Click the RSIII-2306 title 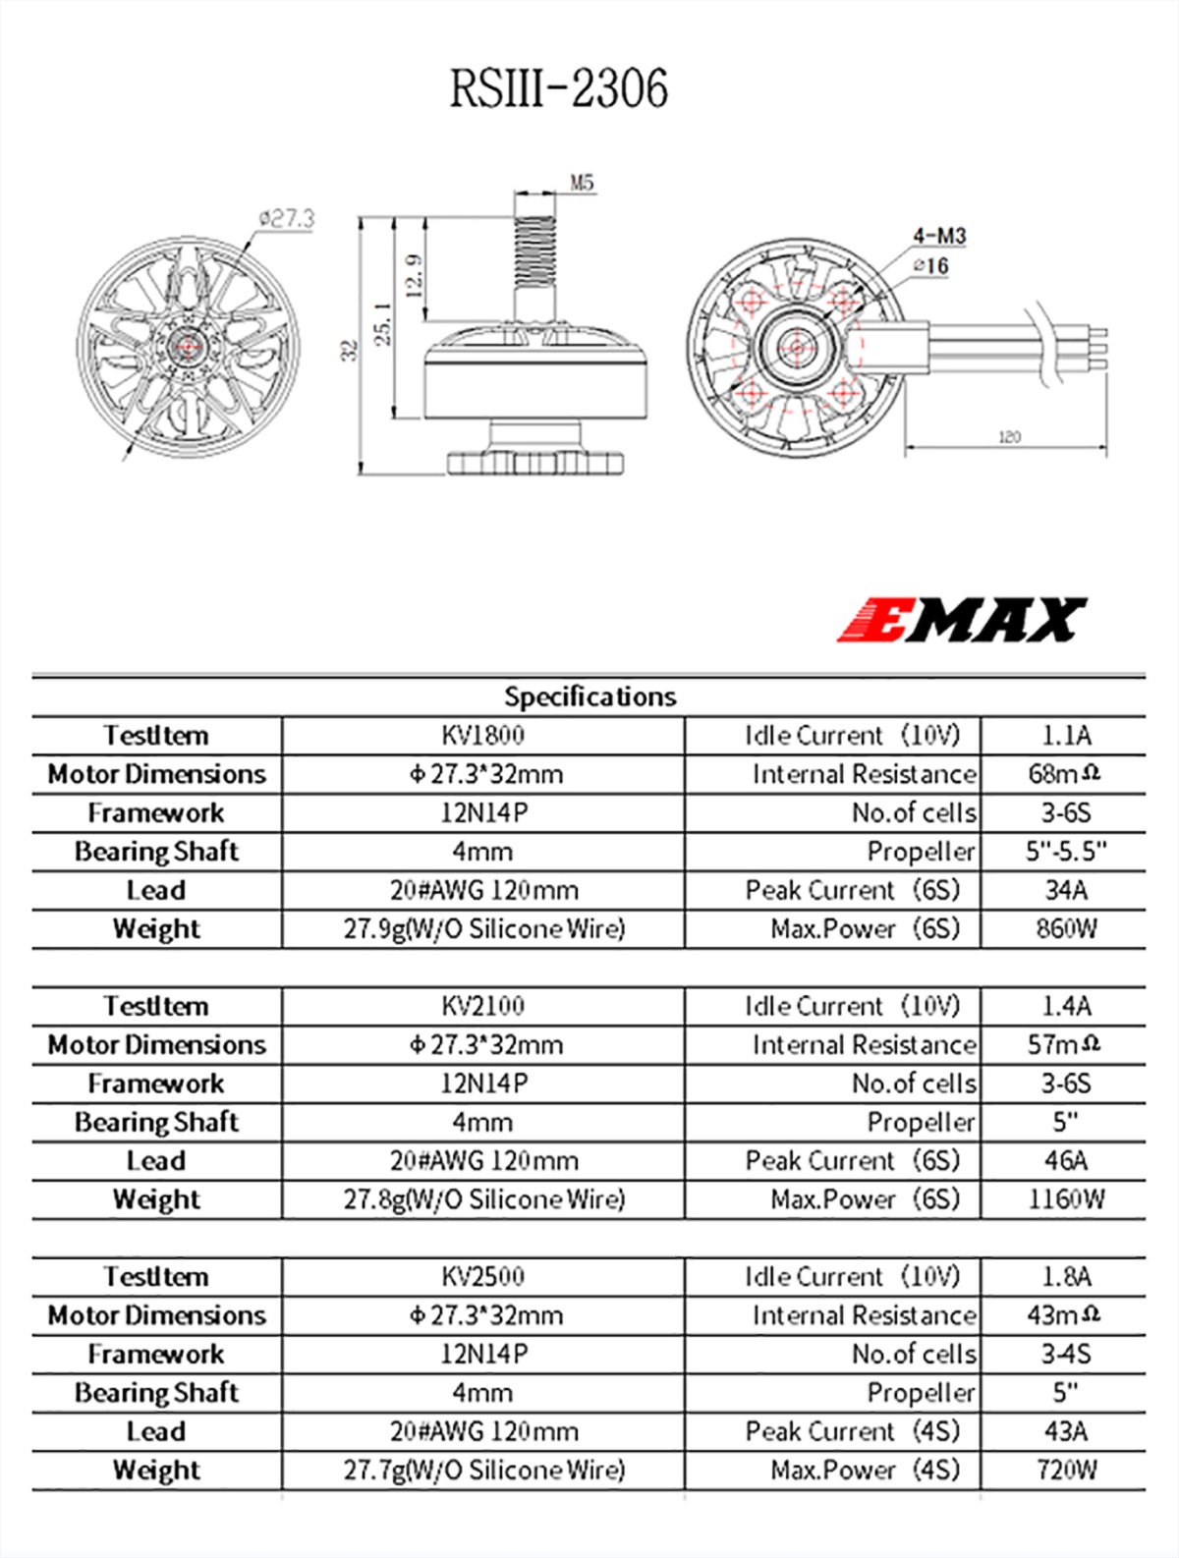(x=558, y=88)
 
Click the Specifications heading (x=589, y=696)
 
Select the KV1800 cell (x=482, y=735)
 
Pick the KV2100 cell (x=482, y=1006)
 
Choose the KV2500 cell (x=482, y=1276)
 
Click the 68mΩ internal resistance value (x=1063, y=774)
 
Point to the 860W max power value (x=1065, y=928)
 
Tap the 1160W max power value (x=1065, y=1199)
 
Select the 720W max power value (x=1065, y=1470)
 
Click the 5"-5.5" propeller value (x=1065, y=852)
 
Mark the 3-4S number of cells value (x=1065, y=1354)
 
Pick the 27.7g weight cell (x=482, y=1470)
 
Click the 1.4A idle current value (x=1065, y=1006)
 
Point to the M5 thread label (x=582, y=183)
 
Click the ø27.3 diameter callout (x=286, y=218)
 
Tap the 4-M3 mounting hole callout (x=938, y=236)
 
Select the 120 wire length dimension (x=1009, y=437)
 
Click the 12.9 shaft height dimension (x=414, y=275)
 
